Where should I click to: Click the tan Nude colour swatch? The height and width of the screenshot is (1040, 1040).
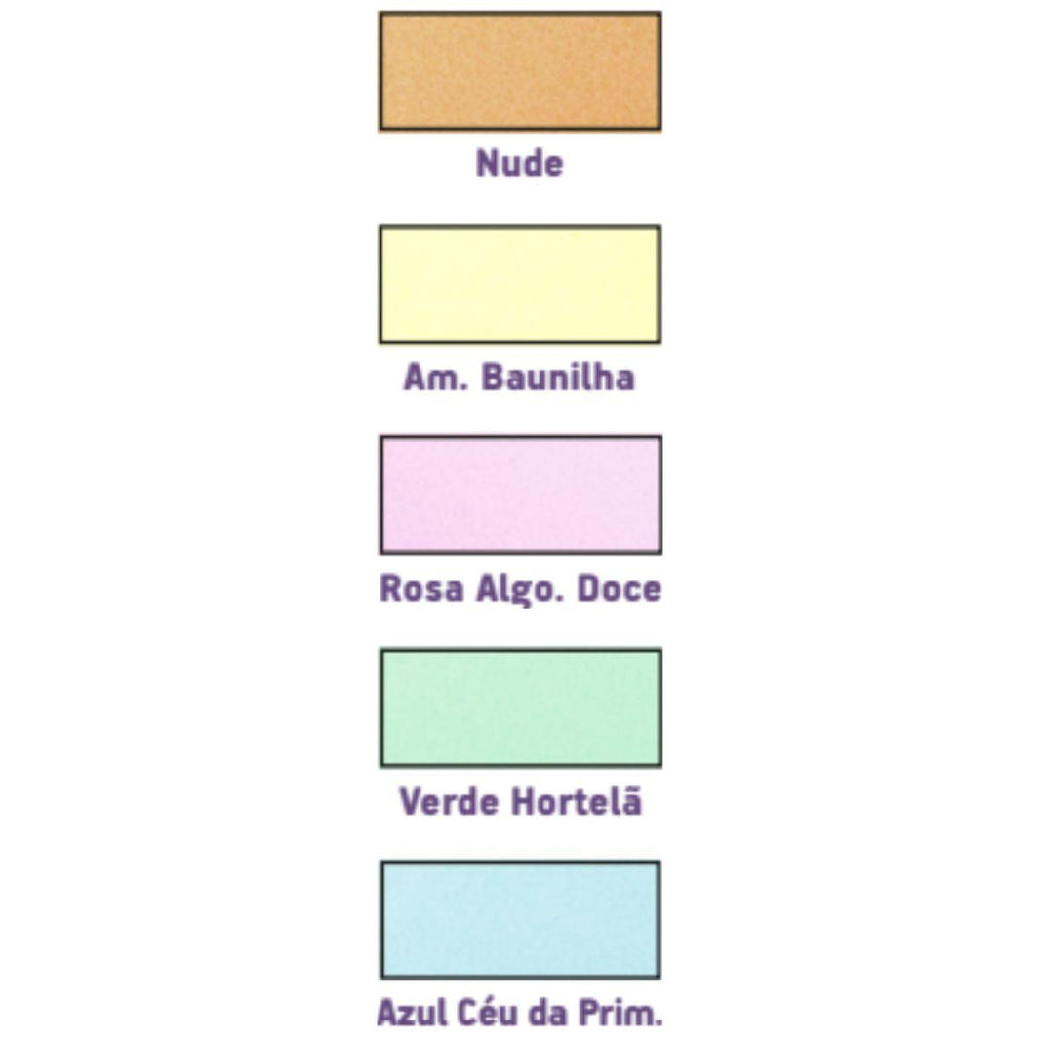click(x=520, y=71)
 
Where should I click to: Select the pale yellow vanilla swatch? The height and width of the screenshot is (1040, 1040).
click(x=520, y=285)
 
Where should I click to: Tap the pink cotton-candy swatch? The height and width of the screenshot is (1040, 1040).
click(x=521, y=495)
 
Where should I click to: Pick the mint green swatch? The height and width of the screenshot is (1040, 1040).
click(x=521, y=707)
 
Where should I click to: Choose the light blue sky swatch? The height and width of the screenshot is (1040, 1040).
click(x=521, y=920)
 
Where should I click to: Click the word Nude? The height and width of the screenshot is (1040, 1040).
click(x=519, y=163)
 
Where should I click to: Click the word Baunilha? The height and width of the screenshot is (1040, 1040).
click(x=558, y=378)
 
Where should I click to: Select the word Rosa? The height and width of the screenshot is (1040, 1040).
click(x=421, y=589)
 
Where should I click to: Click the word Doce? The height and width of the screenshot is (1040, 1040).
click(x=619, y=589)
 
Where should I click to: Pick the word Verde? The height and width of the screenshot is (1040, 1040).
click(x=449, y=801)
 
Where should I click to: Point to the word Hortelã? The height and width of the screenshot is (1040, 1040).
click(x=577, y=801)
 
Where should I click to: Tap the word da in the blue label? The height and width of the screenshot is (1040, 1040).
click(x=548, y=1014)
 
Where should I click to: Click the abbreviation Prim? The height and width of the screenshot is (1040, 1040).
click(x=620, y=1014)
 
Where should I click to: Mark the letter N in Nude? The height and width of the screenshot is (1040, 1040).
click(x=487, y=163)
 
